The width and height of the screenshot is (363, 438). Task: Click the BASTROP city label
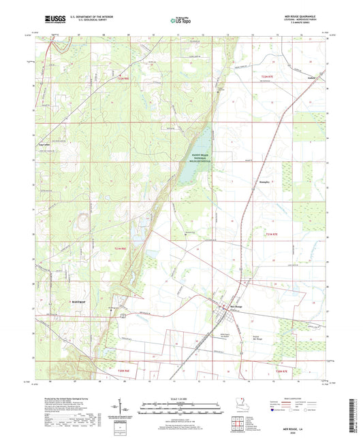click(78, 300)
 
